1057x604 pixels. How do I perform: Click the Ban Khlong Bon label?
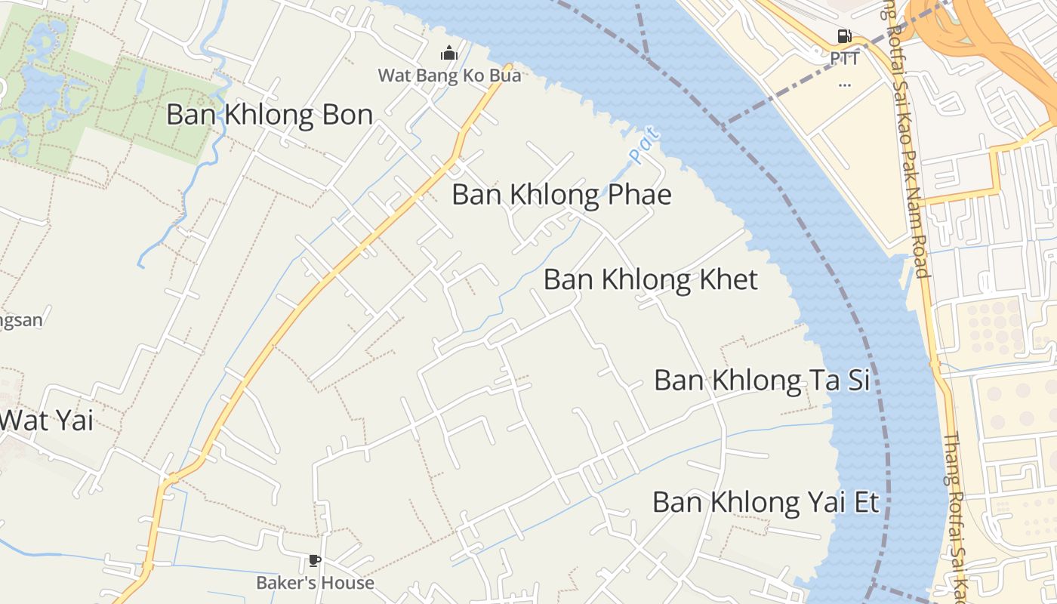coord(270,115)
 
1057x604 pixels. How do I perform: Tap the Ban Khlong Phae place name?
coord(561,195)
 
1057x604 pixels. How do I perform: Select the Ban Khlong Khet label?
coord(650,279)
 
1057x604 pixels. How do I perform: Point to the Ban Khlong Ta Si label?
coord(762,380)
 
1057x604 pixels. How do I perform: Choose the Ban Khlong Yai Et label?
coord(766,502)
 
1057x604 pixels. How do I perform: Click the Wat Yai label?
coord(47,421)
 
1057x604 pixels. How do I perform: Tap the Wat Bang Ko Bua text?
coord(449,75)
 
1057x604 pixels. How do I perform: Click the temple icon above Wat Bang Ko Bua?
coord(449,53)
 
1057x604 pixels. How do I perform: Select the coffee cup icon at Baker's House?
coord(315,560)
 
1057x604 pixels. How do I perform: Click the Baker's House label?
coord(315,583)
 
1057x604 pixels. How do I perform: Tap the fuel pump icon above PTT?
coord(844,35)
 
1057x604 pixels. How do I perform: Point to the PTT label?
coord(844,58)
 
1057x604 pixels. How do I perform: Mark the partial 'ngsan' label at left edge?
coord(21,320)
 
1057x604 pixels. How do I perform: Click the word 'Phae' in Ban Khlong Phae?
coord(639,195)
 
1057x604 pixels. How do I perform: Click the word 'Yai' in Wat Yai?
coord(72,421)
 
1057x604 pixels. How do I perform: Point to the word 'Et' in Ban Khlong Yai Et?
coord(865,502)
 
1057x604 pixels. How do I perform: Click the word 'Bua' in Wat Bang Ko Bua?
coord(505,75)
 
